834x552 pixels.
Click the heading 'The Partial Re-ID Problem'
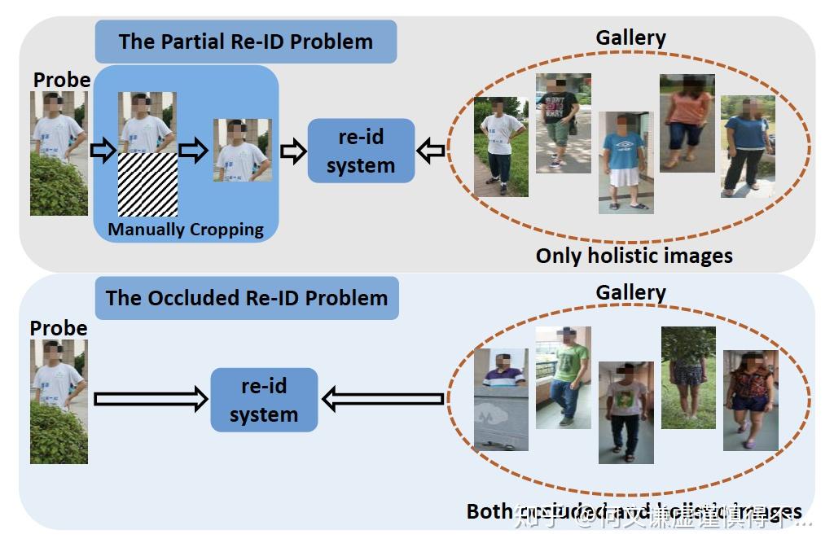[245, 42]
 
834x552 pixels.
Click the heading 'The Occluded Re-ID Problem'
[246, 297]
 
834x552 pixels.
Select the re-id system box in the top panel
[361, 151]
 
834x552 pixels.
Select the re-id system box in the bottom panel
[263, 400]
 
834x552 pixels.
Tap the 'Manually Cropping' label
[186, 230]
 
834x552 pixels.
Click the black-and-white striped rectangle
[147, 184]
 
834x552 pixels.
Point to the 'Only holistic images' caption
[634, 256]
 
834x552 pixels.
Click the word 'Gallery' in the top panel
[630, 37]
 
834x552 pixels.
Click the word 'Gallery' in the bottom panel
[630, 292]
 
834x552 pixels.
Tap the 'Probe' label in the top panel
[62, 80]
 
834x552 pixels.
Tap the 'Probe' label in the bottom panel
[59, 328]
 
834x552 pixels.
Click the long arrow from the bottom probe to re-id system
[151, 399]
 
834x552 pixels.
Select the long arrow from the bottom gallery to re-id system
[383, 399]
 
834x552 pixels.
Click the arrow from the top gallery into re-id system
[431, 151]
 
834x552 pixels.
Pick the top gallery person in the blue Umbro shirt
[625, 162]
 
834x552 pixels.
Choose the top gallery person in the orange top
[687, 122]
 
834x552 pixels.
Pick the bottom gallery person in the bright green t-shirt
[563, 377]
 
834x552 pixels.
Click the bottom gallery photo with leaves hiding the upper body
[688, 377]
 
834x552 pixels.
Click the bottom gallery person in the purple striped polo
[501, 400]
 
